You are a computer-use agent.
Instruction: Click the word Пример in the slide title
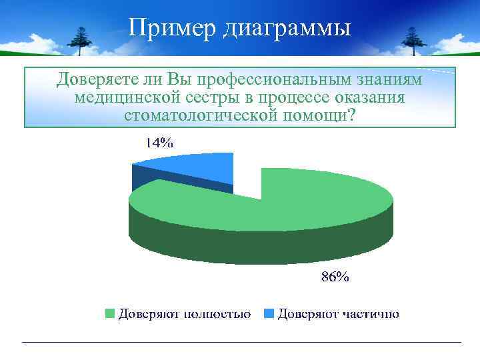pos(169,27)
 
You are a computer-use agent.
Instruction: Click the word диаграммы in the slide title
pos(283,29)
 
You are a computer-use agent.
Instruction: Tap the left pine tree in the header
pos(81,40)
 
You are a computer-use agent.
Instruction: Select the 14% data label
pos(159,142)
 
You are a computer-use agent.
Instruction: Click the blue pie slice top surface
pos(193,166)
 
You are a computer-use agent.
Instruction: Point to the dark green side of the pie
pos(260,243)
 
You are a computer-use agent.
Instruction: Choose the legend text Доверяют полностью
pos(185,313)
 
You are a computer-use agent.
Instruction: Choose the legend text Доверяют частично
pos(339,313)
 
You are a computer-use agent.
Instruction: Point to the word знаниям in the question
pos(391,81)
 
